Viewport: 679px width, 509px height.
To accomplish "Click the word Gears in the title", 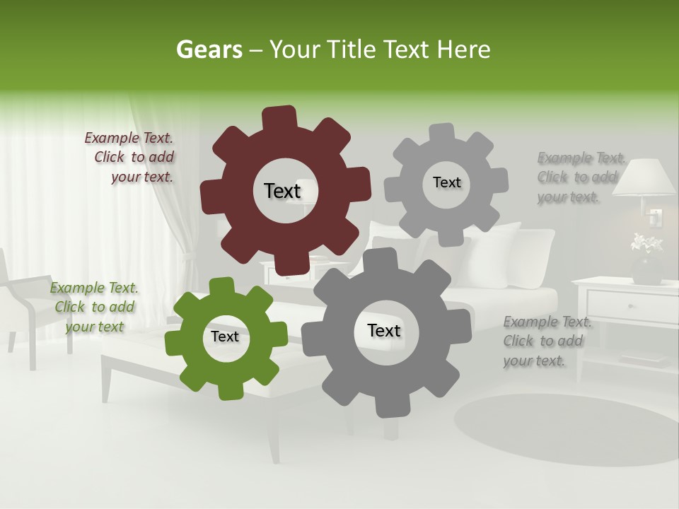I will pos(209,49).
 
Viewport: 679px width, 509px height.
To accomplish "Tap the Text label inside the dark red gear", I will pos(282,191).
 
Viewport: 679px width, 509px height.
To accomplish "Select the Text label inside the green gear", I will pos(225,337).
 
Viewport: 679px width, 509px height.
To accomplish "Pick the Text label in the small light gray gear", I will pos(446,182).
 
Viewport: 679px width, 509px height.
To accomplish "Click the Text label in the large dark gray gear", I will pos(384,330).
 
